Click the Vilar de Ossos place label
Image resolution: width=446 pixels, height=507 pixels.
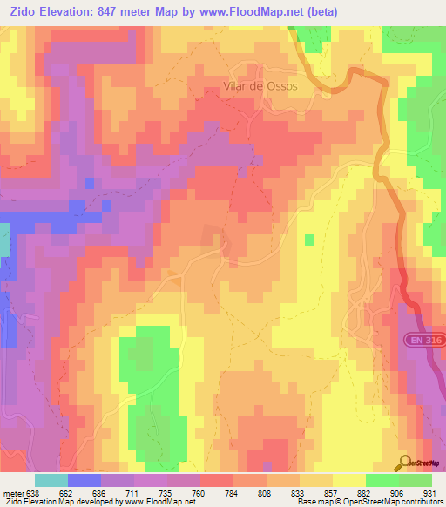(x=260, y=87)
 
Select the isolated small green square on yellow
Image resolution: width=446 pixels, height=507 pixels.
(x=308, y=240)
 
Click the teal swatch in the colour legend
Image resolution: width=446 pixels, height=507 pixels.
(x=51, y=480)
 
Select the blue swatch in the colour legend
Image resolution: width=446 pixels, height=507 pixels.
(x=84, y=480)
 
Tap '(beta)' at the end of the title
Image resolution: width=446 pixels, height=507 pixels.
(x=317, y=11)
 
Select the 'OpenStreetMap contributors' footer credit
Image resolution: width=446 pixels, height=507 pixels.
(x=388, y=502)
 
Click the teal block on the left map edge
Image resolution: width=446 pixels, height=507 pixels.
(x=3, y=239)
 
